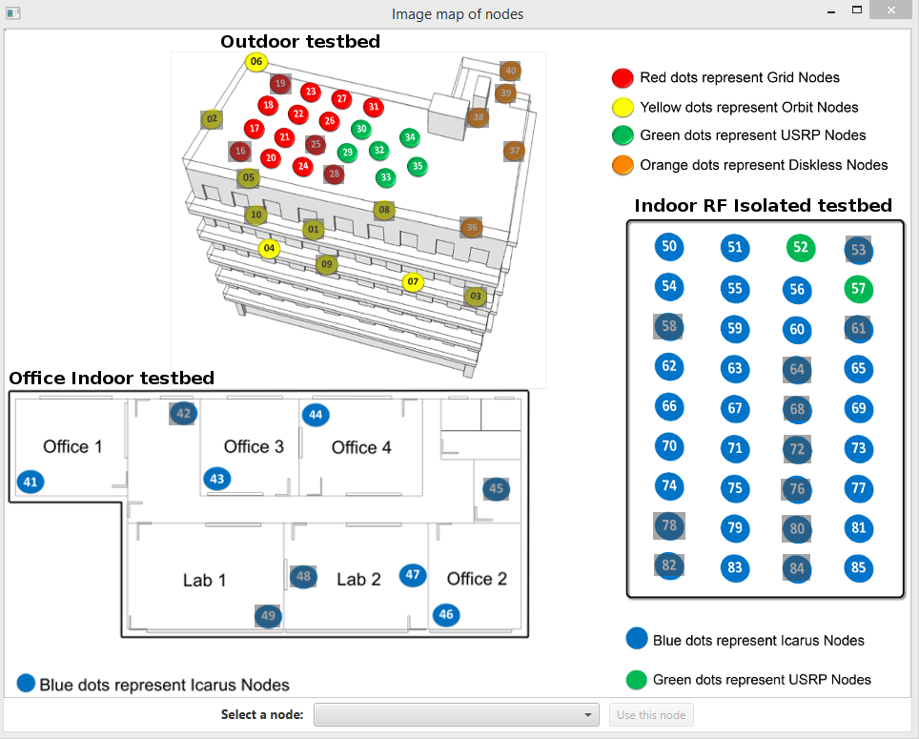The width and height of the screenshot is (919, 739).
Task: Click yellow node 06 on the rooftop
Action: (255, 62)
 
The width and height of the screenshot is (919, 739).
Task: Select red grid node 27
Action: (341, 98)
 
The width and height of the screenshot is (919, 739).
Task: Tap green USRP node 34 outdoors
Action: (409, 137)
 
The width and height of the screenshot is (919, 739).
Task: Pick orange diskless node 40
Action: (510, 71)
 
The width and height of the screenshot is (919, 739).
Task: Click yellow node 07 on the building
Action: (412, 281)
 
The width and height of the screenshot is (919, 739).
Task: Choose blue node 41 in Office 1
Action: (31, 482)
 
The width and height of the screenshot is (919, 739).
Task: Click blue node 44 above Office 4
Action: (316, 415)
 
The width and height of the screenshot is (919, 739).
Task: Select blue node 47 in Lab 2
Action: (413, 574)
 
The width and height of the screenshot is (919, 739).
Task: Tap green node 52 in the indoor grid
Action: (801, 248)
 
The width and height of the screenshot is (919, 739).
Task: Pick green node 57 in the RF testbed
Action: (858, 288)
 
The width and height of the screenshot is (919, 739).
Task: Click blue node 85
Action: (858, 568)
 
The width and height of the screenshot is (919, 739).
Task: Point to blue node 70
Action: (669, 445)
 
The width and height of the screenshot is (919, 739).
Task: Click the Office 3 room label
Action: (254, 446)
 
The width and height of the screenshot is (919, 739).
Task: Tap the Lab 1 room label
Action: (204, 580)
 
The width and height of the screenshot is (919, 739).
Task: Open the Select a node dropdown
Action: (457, 714)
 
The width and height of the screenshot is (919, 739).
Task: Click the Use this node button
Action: (651, 715)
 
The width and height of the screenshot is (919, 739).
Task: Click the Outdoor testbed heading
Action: (300, 41)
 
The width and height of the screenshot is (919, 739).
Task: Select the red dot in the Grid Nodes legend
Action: (623, 78)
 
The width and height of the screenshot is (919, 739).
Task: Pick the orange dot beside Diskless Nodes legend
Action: (623, 165)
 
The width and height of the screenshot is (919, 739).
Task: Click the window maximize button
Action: (857, 10)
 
